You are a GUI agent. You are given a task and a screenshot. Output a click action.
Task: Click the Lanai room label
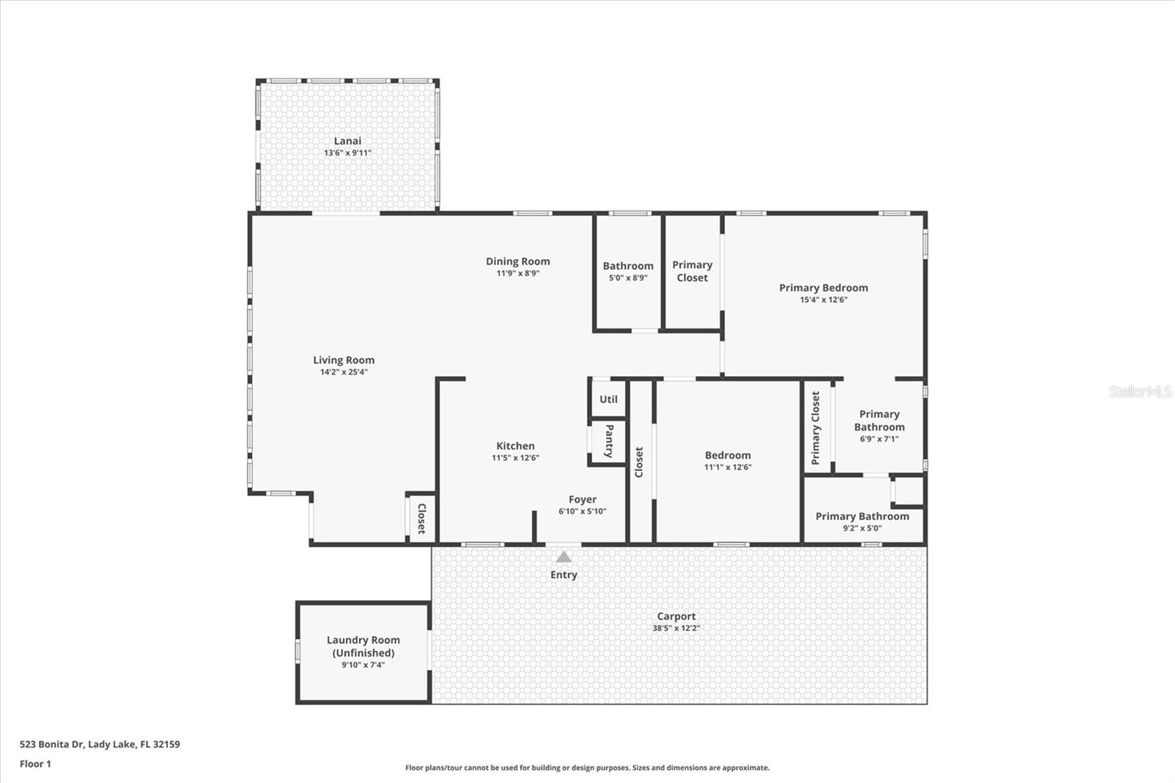tap(347, 140)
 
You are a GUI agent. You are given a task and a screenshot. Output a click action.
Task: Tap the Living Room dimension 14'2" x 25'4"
tap(344, 372)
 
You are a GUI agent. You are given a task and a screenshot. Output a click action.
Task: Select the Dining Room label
tap(518, 261)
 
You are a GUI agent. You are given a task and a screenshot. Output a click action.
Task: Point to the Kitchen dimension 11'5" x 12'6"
tap(515, 458)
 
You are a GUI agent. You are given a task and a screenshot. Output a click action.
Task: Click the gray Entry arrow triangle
tap(563, 556)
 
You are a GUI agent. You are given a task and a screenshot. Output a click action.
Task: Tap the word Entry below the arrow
tap(563, 574)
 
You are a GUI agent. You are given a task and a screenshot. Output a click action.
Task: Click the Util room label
tap(609, 400)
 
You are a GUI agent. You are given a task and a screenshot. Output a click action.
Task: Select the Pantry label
tap(609, 441)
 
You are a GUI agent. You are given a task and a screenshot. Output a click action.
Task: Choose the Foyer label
tap(582, 499)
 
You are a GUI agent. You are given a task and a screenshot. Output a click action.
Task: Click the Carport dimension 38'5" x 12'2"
tap(676, 628)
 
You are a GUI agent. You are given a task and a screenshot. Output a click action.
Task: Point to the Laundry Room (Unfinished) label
tap(363, 646)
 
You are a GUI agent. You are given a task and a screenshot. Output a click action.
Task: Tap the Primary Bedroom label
tap(823, 288)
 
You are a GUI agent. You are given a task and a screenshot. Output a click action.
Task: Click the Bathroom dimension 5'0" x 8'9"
tap(628, 278)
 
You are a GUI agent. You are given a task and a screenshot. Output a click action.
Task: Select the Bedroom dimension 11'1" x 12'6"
tap(728, 467)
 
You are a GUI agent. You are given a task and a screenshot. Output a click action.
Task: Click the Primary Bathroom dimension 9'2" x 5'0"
tap(862, 528)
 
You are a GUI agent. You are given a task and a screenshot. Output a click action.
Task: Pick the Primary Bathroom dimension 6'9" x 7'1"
tap(879, 439)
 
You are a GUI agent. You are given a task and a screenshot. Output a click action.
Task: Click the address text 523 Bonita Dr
tap(51, 744)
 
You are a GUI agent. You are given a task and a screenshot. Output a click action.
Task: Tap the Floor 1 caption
tap(35, 764)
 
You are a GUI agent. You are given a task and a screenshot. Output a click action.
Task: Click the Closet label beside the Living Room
tap(422, 519)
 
